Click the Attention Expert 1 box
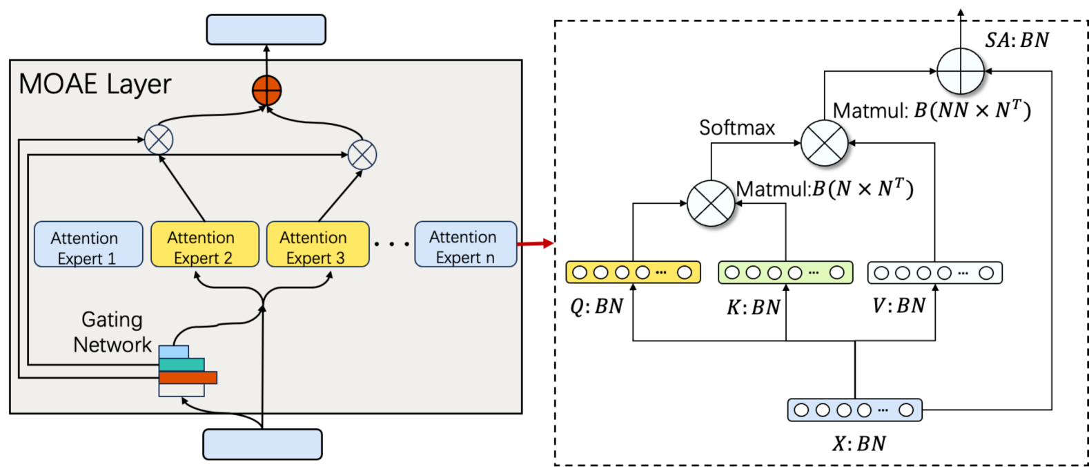88,244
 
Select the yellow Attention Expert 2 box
205,244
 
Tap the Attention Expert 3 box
318,244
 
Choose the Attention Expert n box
466,244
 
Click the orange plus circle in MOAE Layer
267,90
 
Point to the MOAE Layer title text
95,84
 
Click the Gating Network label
112,332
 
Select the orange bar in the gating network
188,377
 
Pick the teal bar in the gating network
181,365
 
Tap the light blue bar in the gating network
173,352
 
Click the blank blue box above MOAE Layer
266,30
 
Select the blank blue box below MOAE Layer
262,444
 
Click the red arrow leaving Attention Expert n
536,243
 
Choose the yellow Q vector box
633,272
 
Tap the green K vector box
785,272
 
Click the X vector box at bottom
854,410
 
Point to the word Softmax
737,128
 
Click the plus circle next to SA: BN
961,71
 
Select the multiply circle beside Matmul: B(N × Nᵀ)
711,203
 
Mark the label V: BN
899,305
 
